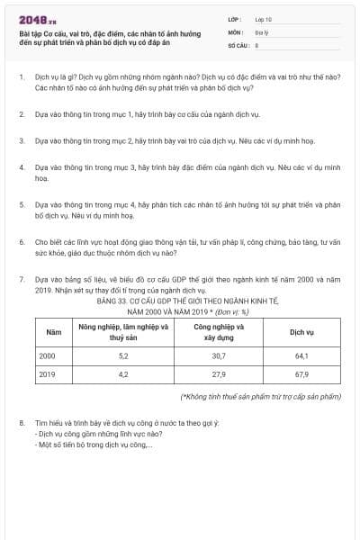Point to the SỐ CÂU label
[237, 43]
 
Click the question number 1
[21, 78]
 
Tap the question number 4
[21, 167]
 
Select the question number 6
[21, 242]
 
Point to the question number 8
[21, 421]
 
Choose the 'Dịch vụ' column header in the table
[301, 332]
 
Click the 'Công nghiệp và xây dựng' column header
[219, 332]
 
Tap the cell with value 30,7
[219, 356]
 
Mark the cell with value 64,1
[301, 356]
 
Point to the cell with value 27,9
[219, 374]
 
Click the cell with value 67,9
[301, 374]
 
